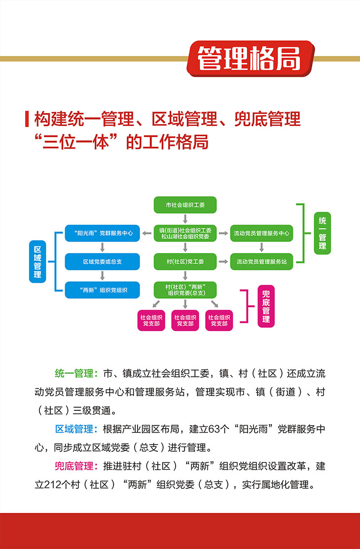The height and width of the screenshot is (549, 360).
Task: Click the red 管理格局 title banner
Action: click(250, 59)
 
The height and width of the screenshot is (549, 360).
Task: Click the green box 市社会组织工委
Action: click(185, 205)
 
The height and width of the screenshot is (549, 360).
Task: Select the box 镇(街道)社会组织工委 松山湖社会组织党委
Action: click(185, 233)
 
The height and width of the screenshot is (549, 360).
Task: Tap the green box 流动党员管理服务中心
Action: click(261, 233)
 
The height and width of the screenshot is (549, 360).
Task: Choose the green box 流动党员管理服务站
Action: click(261, 261)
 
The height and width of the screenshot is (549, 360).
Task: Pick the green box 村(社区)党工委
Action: click(185, 261)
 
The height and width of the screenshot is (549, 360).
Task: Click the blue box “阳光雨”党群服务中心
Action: click(102, 233)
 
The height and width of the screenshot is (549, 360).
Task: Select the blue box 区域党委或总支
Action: click(102, 261)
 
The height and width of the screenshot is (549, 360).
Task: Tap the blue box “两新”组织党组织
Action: click(102, 290)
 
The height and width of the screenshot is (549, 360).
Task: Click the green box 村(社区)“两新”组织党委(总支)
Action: click(185, 290)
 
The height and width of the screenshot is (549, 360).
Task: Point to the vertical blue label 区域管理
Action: click(37, 261)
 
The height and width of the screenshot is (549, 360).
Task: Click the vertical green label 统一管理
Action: click(323, 233)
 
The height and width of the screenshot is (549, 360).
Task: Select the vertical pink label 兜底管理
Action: click(266, 306)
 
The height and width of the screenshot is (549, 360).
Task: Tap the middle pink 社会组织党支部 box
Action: click(185, 320)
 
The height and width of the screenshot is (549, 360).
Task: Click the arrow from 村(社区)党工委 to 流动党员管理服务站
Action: click(223, 261)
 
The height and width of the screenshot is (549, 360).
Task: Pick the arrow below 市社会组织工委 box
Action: click(185, 219)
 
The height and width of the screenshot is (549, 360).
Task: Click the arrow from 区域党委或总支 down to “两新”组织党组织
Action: click(102, 276)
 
